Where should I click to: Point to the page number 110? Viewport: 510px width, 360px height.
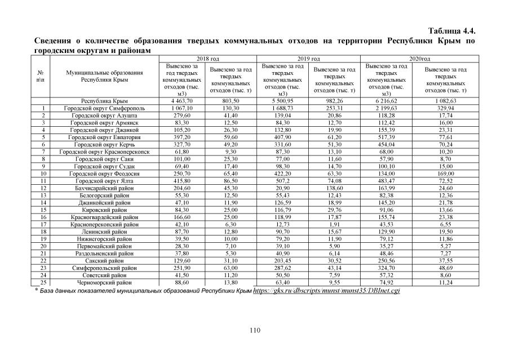click(255, 330)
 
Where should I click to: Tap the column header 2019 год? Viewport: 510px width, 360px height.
click(308, 58)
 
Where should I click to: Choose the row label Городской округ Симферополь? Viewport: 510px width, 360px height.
click(104, 108)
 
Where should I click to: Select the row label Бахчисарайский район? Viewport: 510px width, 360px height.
click(104, 188)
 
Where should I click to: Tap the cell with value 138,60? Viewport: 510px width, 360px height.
click(335, 188)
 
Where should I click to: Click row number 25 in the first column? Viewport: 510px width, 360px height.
click(43, 282)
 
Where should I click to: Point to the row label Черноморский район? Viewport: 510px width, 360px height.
click(104, 282)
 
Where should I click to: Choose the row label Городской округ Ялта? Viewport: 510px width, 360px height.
click(104, 180)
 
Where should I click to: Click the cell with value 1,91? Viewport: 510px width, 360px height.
click(335, 224)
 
